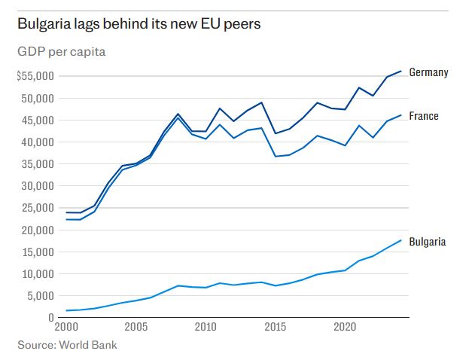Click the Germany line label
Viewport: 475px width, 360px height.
coord(429,72)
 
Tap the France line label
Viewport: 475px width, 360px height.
coord(424,117)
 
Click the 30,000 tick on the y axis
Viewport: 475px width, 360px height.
coord(36,186)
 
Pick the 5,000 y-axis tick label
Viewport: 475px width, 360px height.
coord(39,296)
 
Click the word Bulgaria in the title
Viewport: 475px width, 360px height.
coord(45,24)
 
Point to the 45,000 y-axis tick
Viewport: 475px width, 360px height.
coord(36,121)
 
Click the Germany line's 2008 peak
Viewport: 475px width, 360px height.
coord(178,114)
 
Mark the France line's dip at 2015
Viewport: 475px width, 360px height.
coord(276,156)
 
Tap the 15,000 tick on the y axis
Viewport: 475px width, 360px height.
coord(36,252)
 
